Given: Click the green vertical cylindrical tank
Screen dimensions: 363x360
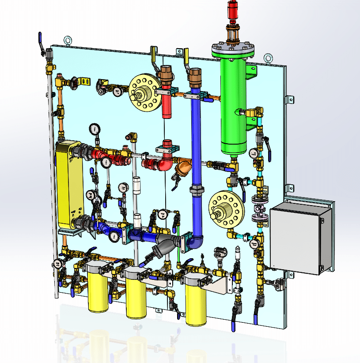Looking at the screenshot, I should pyautogui.click(x=234, y=106).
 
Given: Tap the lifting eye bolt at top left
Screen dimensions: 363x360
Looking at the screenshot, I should pyautogui.click(x=68, y=41).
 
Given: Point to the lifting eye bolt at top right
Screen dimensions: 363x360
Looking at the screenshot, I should pyautogui.click(x=268, y=57).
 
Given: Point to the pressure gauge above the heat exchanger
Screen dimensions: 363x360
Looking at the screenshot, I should pyautogui.click(x=94, y=129).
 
